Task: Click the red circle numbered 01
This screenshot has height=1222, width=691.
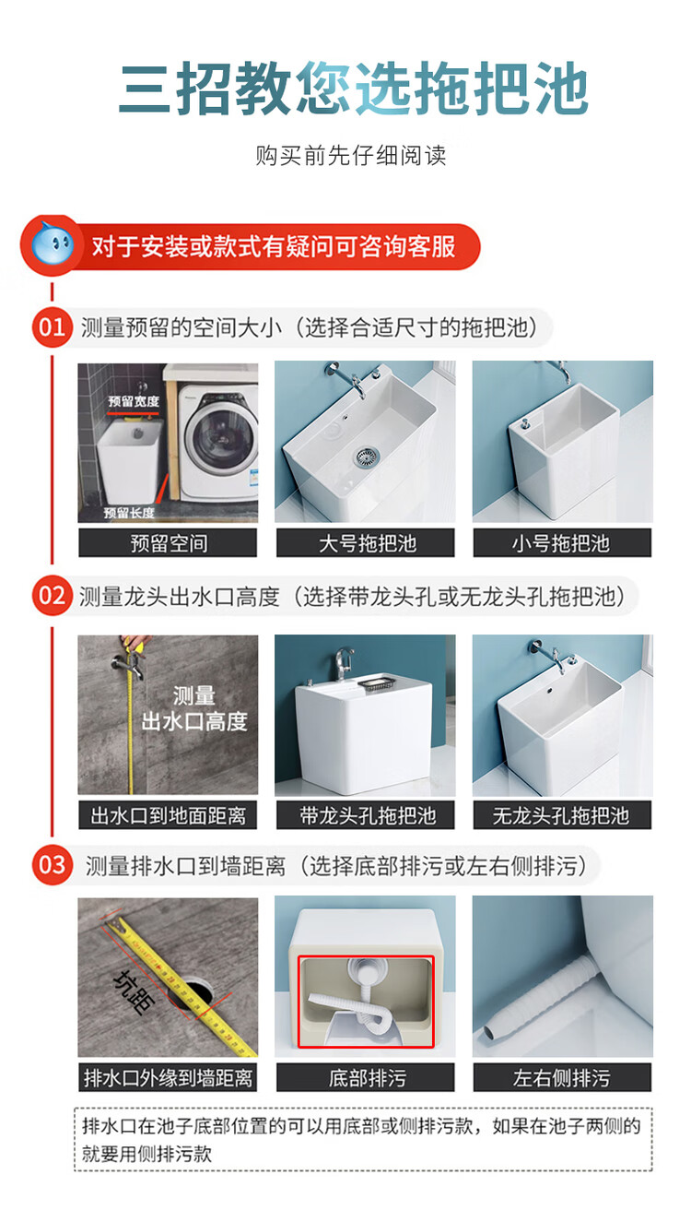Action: tap(52, 327)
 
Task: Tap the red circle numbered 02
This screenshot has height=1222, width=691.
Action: tap(52, 596)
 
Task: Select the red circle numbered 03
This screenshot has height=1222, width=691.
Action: tap(52, 865)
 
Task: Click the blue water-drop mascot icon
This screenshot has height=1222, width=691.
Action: tap(53, 245)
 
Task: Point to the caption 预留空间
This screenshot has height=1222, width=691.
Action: tap(168, 543)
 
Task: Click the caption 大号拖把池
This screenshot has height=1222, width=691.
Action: tap(365, 543)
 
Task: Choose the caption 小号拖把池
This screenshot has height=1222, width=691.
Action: tap(562, 543)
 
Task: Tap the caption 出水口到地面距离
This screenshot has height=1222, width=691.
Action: tap(168, 815)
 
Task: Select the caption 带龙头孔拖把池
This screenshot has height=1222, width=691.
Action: tap(365, 815)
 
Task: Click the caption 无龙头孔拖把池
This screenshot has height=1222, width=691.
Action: tap(562, 815)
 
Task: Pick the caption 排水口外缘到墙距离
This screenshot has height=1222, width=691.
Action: tap(168, 1077)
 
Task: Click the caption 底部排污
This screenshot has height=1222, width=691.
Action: tap(365, 1077)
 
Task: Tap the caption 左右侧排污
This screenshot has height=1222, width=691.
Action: tap(562, 1077)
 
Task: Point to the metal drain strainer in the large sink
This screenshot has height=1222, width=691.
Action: tap(369, 456)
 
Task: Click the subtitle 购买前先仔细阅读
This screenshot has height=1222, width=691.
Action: tap(350, 156)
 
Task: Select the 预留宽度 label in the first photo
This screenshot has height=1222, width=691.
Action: tap(134, 401)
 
